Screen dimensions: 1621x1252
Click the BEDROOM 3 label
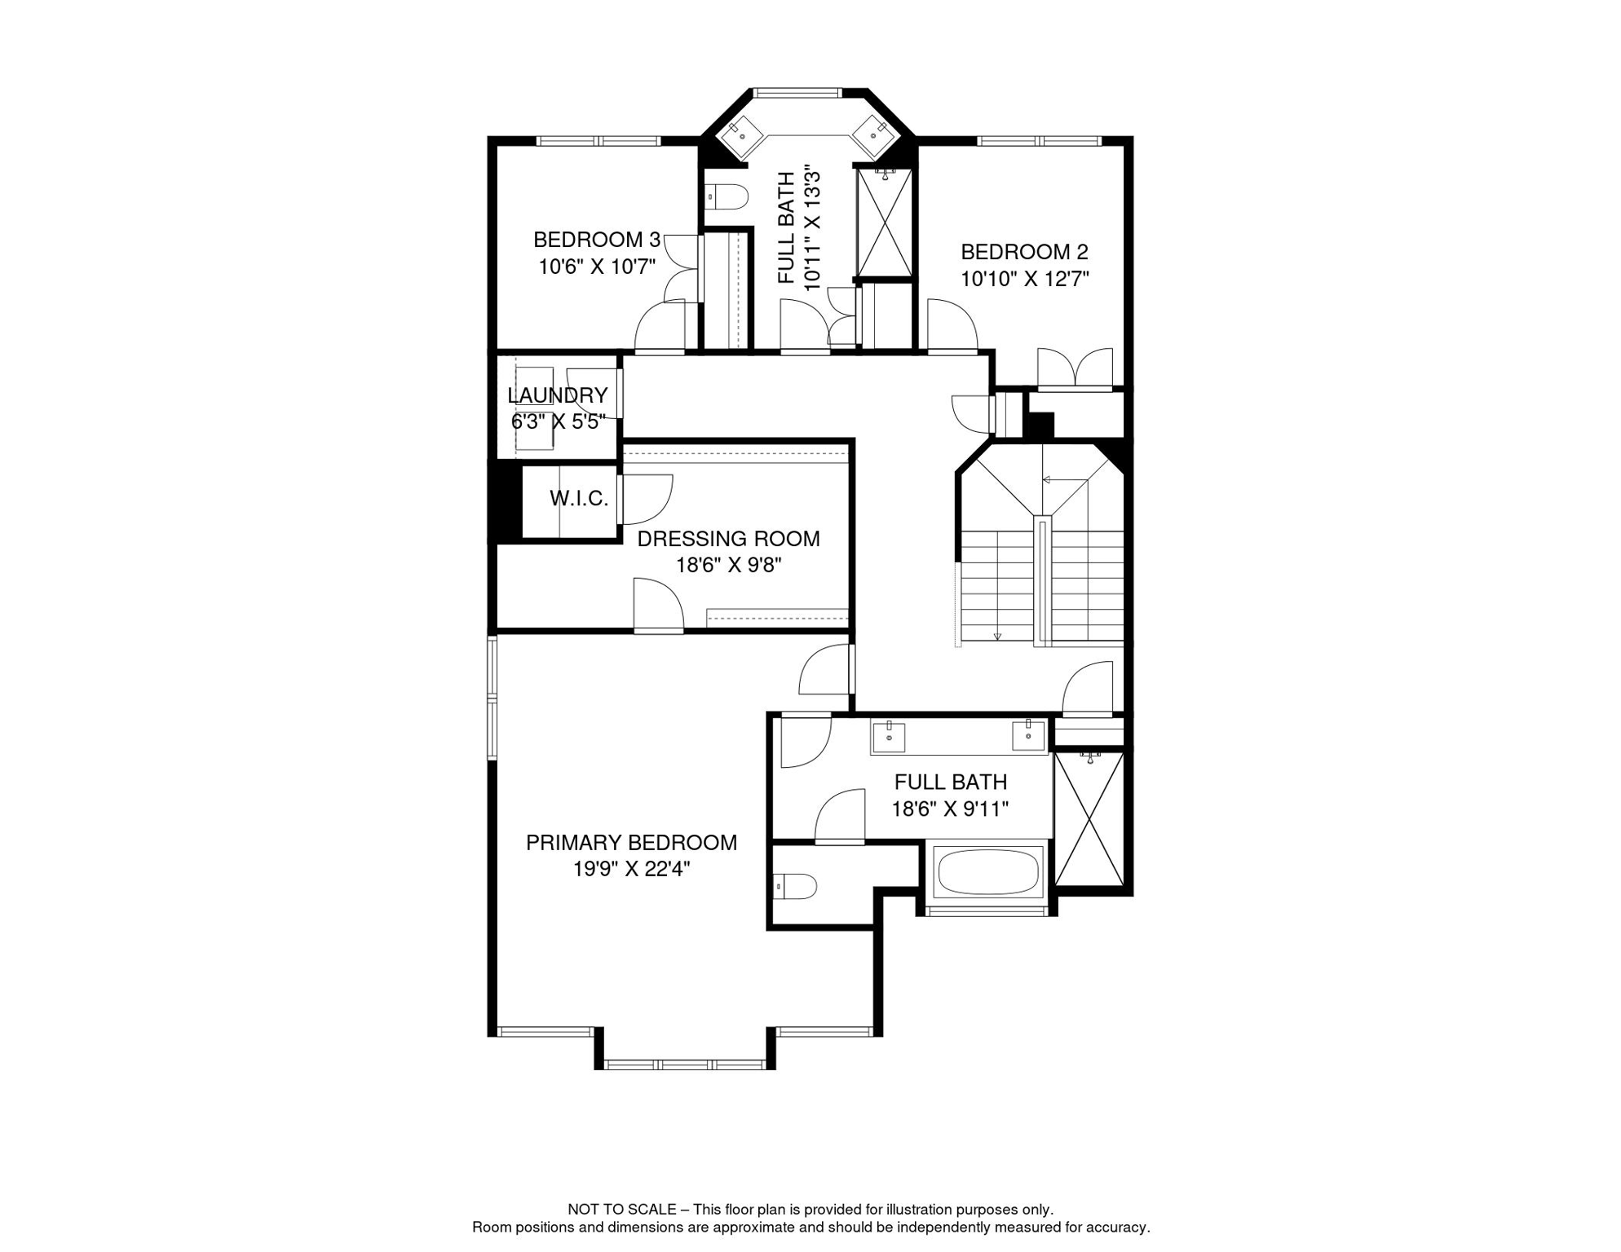tap(596, 240)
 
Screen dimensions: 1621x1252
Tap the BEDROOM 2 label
tap(1024, 252)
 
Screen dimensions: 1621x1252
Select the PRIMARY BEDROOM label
tap(631, 843)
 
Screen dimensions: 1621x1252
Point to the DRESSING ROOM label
tap(728, 539)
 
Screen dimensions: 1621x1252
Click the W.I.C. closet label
tap(579, 498)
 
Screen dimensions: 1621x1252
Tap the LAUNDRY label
tap(558, 395)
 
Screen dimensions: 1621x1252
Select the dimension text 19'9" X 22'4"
tap(631, 870)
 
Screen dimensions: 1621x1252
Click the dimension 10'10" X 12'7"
tap(1024, 279)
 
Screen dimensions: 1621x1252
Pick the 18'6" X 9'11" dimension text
tap(950, 809)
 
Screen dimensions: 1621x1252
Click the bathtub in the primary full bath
tap(988, 872)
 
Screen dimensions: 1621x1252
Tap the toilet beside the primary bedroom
tap(795, 886)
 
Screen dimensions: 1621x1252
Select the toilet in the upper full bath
tap(727, 196)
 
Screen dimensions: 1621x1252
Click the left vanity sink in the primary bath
tap(889, 737)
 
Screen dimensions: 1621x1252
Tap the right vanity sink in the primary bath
tap(1028, 735)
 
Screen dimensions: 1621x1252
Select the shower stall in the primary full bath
tap(1089, 818)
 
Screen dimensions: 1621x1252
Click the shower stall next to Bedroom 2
tap(885, 223)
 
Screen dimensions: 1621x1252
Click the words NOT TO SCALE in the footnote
tap(622, 1210)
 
